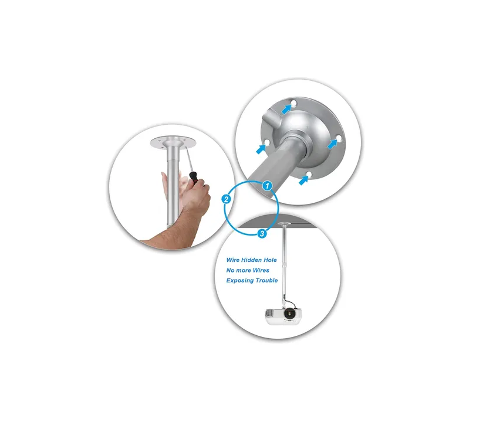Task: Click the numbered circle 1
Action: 267,186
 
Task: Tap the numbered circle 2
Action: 227,199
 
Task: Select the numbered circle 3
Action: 262,234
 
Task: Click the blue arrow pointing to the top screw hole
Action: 286,109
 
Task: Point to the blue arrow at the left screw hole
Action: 261,149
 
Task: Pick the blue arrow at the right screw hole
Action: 332,144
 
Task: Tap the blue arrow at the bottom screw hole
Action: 303,180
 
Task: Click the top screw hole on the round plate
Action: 294,103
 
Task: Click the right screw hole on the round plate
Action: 339,138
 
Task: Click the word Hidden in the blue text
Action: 251,260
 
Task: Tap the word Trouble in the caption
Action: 266,280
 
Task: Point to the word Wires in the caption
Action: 261,270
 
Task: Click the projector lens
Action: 290,313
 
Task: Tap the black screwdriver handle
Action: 193,178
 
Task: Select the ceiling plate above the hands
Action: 173,142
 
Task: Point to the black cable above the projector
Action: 291,302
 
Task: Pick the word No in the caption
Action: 231,270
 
